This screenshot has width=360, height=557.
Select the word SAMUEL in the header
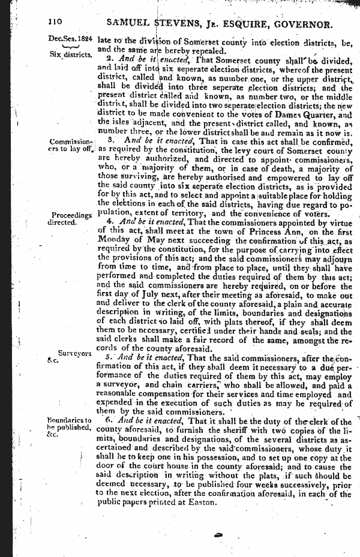pos(128,24)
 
